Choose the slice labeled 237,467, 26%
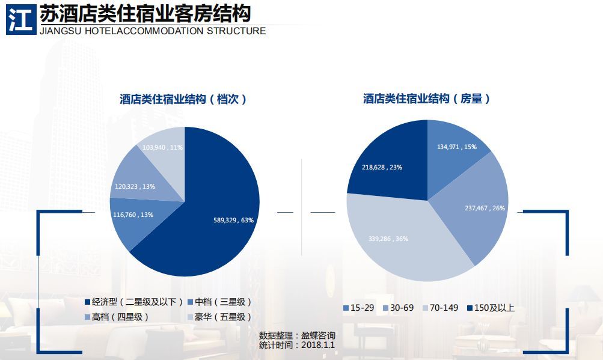click(x=478, y=204)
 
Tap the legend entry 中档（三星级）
click(x=219, y=302)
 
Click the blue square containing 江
click(x=20, y=19)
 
